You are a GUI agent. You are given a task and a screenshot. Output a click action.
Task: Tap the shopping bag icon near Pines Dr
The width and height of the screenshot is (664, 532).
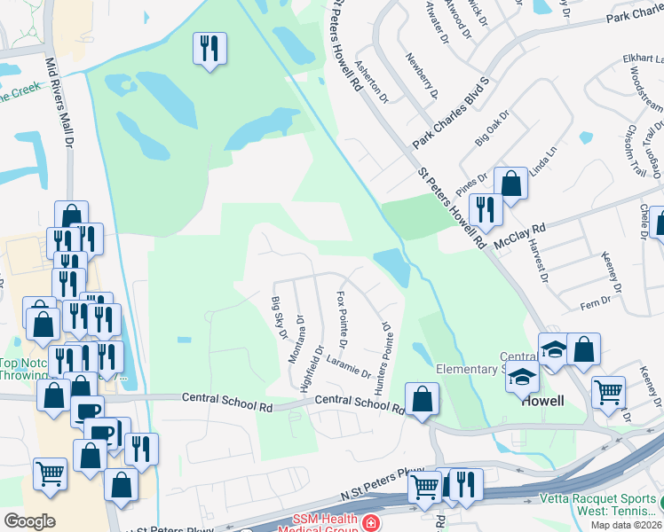(x=510, y=184)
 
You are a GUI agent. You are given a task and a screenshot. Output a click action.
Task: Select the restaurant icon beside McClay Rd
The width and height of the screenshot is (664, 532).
(x=486, y=209)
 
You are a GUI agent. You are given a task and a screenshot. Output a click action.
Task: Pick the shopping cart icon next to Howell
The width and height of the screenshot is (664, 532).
(x=608, y=391)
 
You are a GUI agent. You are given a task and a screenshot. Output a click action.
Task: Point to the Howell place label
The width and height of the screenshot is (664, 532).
(x=542, y=401)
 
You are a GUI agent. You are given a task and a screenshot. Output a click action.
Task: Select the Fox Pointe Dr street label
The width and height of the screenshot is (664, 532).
(x=341, y=318)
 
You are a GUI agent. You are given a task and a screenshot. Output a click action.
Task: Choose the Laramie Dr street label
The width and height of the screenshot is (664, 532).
(x=347, y=364)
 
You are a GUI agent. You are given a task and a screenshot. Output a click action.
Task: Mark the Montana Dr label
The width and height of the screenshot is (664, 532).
(x=299, y=332)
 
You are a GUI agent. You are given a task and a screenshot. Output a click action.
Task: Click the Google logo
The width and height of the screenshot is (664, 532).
(x=29, y=520)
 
